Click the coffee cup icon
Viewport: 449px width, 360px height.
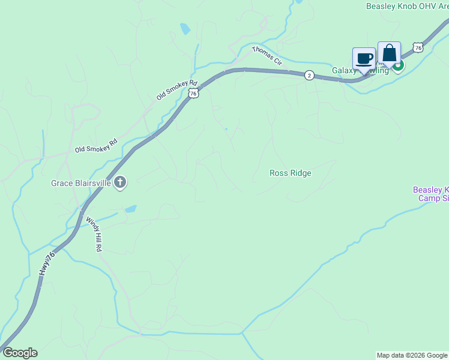tap(364, 59)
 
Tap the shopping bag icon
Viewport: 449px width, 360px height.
tap(389, 53)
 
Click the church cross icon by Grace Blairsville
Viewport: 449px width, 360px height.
tap(120, 182)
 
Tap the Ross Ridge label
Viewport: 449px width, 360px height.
tap(291, 173)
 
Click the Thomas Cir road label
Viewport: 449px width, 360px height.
tap(267, 56)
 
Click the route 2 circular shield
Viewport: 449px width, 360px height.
tap(309, 75)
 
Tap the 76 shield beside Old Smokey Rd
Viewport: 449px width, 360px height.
tap(193, 93)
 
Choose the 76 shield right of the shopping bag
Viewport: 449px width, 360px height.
tap(418, 47)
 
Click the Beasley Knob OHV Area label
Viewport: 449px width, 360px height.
tap(407, 7)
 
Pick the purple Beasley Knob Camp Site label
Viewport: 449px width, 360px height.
tap(430, 194)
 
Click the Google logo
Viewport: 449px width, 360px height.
tap(20, 353)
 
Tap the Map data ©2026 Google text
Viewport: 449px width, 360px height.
tap(412, 355)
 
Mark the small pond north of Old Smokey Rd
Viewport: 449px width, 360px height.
tap(185, 28)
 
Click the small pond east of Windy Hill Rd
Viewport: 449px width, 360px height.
tap(130, 209)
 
